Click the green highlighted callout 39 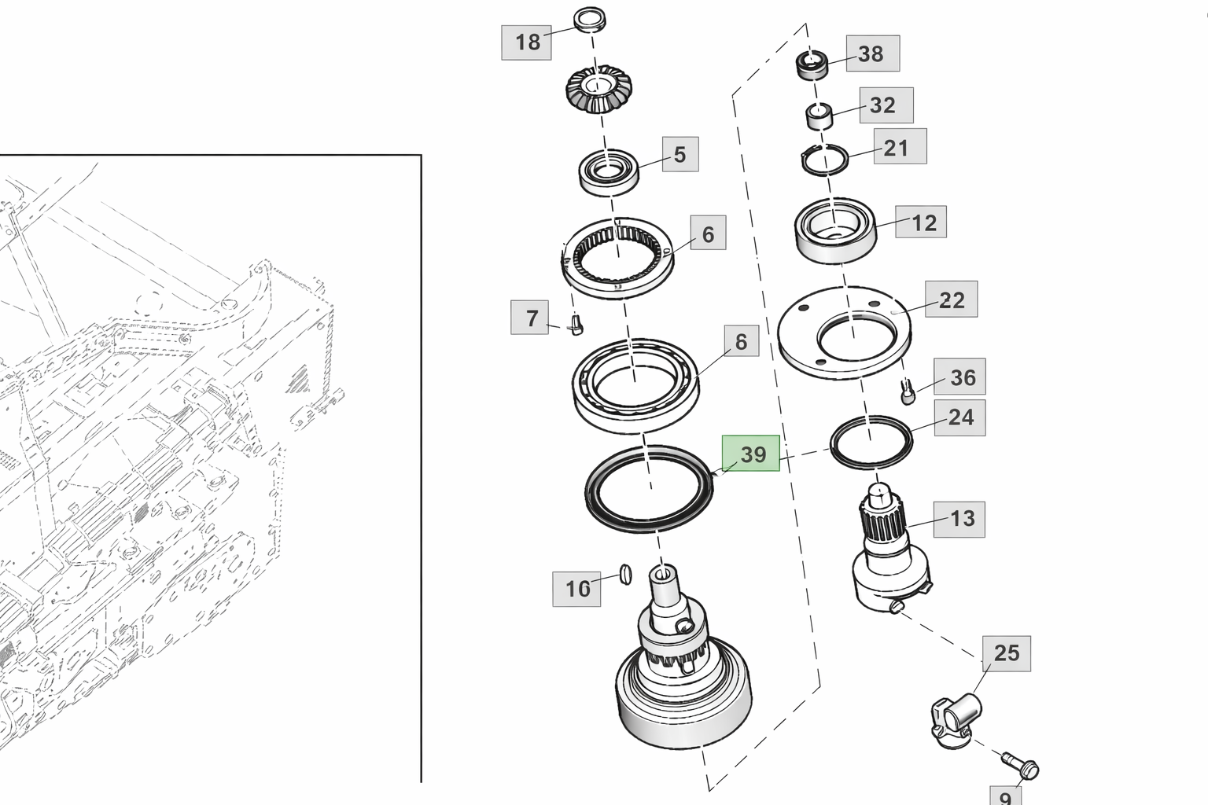click(x=750, y=454)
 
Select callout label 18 click(x=526, y=42)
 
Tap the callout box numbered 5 click(x=679, y=155)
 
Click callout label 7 click(x=530, y=318)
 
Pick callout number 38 click(x=872, y=53)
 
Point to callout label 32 click(x=886, y=105)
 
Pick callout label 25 click(x=1006, y=653)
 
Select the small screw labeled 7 click(x=576, y=325)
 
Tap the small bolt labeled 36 click(x=907, y=391)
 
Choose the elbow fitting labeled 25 click(x=955, y=717)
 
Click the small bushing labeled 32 click(x=819, y=117)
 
